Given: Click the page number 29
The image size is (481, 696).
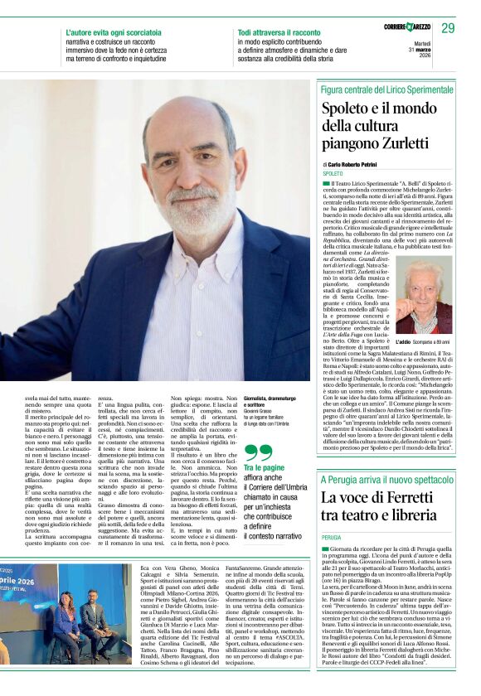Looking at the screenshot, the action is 448,28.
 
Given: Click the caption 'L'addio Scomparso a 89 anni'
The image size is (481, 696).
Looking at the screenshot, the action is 423,341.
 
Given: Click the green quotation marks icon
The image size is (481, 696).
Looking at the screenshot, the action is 259,452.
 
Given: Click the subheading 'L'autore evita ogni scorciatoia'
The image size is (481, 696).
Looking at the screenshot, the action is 114,31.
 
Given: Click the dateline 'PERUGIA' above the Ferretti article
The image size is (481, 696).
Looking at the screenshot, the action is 333,538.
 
